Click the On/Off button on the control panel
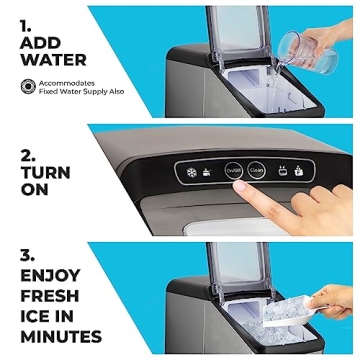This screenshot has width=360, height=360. pos(234,170)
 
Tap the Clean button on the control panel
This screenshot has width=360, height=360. pos(257,170)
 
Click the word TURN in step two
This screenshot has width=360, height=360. pos(45,172)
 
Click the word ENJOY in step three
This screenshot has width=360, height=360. pos(49,275)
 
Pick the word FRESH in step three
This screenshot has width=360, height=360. pos(50,295)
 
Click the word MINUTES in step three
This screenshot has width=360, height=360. pos(60,337)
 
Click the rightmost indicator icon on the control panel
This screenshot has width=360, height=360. pos(297,170)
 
